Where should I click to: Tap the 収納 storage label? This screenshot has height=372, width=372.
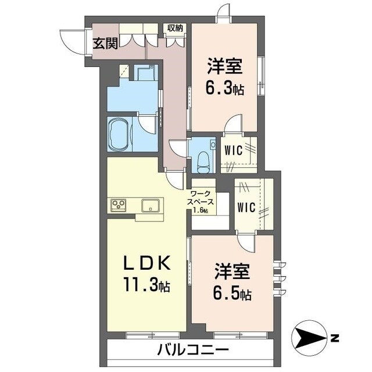pos(176,27)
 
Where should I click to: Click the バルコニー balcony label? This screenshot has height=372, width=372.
pos(192,350)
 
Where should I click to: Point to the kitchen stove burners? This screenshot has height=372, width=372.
pos(120,204)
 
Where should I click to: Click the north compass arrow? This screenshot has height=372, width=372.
pos(310,337)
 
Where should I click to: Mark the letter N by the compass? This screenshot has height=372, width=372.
pos(334,337)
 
